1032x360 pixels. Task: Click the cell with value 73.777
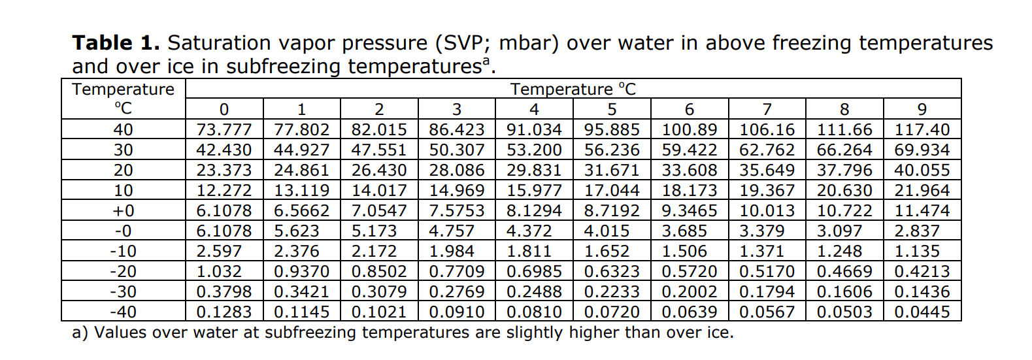(x=224, y=130)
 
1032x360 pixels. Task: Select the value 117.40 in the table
(x=922, y=130)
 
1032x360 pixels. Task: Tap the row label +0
(x=123, y=211)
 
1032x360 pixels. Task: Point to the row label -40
(x=123, y=312)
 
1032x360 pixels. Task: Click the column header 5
(x=612, y=109)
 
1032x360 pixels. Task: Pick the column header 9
(x=922, y=109)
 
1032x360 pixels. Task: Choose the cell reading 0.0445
(x=922, y=312)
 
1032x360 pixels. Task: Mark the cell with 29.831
(x=534, y=171)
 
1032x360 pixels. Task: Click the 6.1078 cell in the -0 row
(x=224, y=231)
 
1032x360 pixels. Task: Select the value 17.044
(x=612, y=191)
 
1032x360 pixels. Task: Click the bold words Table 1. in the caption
(x=116, y=43)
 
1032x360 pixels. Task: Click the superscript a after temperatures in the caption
(x=486, y=61)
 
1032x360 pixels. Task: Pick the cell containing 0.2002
(x=689, y=292)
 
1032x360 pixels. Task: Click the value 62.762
(x=767, y=150)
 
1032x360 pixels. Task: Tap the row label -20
(x=123, y=272)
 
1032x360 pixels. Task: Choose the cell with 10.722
(x=844, y=211)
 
